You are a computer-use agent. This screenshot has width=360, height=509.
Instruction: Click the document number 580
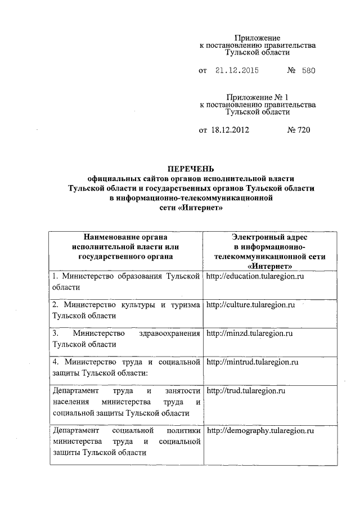(x=309, y=71)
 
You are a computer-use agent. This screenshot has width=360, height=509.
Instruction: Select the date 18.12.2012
(x=230, y=130)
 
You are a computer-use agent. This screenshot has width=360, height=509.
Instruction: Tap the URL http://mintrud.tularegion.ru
(x=252, y=362)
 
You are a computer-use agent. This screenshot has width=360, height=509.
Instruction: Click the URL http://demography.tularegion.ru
(x=260, y=431)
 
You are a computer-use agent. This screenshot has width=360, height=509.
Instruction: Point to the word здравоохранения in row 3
(x=169, y=334)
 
